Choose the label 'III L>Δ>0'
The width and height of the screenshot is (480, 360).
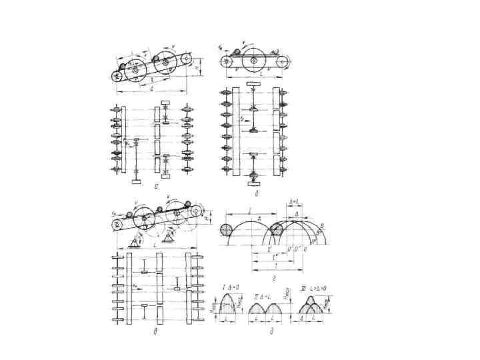pos(312,288)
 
